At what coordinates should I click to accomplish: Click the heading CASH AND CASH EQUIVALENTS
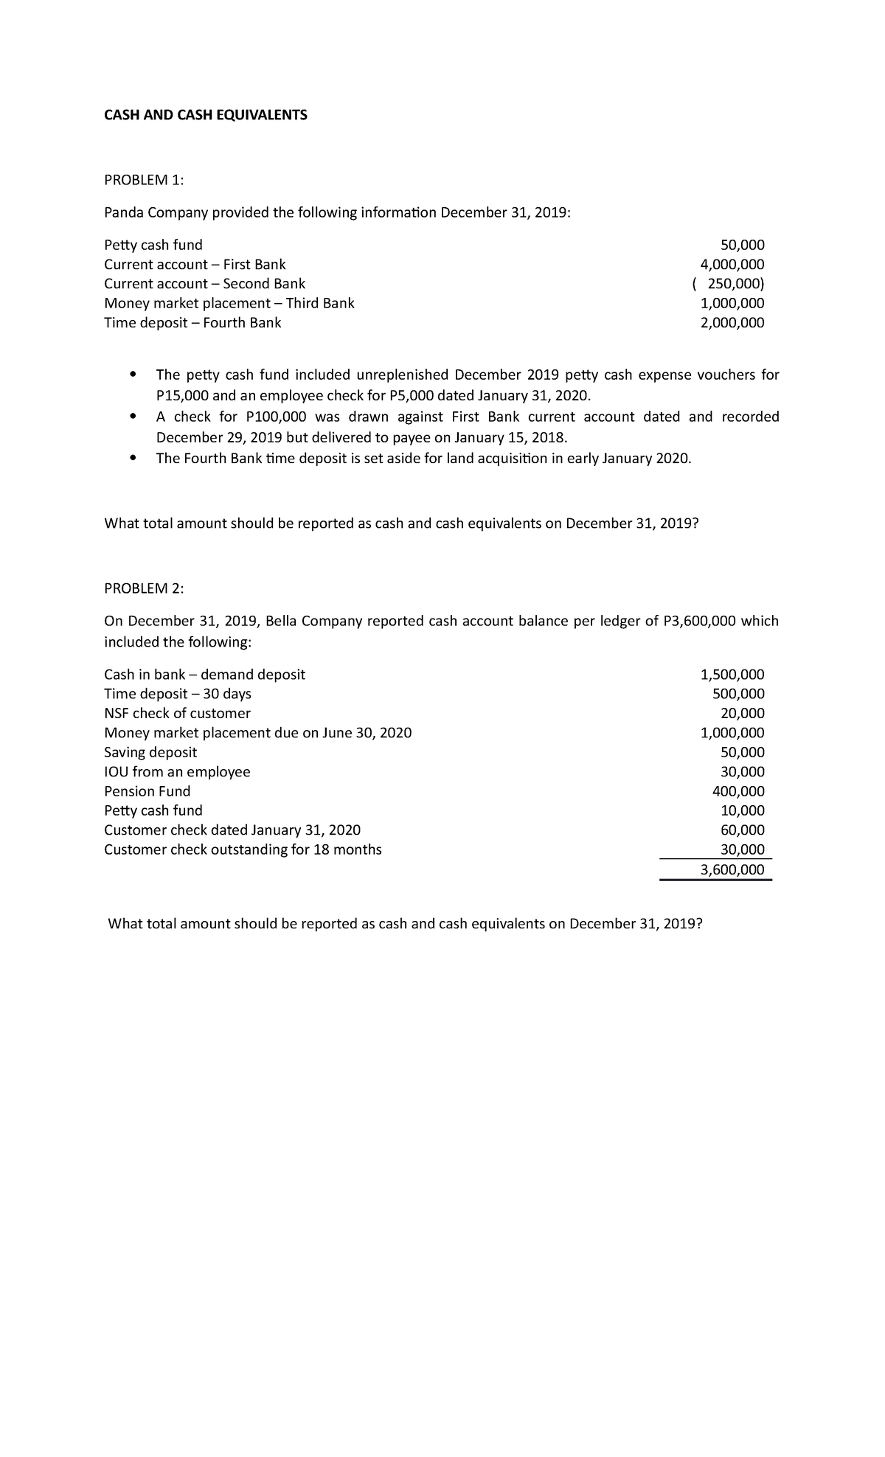[x=205, y=115]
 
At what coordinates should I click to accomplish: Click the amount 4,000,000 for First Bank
[x=732, y=265]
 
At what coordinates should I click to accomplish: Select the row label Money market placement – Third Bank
[x=229, y=303]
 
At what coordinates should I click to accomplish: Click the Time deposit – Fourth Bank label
[x=192, y=323]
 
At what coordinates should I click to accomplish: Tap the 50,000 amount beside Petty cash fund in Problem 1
[x=742, y=245]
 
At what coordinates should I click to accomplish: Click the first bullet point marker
[x=133, y=375]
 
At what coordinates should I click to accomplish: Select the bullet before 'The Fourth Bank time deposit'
[x=133, y=458]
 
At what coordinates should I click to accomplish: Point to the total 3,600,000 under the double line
[x=732, y=869]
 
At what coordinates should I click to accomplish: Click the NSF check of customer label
[x=177, y=713]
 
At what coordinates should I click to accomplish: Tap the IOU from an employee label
[x=177, y=772]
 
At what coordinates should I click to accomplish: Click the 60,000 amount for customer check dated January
[x=742, y=830]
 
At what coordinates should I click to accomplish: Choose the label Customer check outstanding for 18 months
[x=243, y=849]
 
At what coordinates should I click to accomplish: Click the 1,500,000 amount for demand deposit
[x=732, y=674]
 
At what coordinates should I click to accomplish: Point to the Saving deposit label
[x=150, y=752]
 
